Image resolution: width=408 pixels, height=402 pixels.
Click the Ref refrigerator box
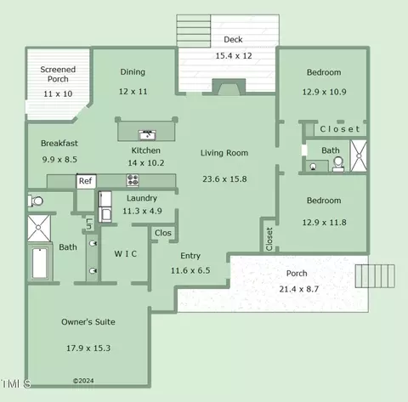[86, 181]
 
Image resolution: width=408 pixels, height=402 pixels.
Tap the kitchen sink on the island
[147, 135]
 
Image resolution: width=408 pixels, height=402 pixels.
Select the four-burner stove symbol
[133, 180]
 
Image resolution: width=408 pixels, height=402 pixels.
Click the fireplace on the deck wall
[229, 87]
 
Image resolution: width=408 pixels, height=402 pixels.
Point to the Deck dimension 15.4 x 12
[234, 56]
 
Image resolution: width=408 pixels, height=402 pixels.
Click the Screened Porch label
[58, 74]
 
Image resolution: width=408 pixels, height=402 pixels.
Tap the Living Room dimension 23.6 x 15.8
[224, 179]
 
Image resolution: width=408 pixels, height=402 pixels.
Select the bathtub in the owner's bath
[40, 263]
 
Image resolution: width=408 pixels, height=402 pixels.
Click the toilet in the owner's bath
[36, 201]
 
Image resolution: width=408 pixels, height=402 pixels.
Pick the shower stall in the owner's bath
[39, 228]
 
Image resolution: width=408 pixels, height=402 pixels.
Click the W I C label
[126, 253]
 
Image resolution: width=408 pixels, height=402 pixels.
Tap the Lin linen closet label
[89, 224]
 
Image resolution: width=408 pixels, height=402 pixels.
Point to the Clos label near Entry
[163, 233]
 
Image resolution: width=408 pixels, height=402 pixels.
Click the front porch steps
[375, 276]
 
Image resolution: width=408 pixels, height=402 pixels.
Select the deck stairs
[194, 31]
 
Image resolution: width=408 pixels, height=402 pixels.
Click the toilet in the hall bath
[338, 164]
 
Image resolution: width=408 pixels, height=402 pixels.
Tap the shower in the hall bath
[359, 156]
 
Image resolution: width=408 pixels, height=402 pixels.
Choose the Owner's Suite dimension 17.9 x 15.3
[88, 348]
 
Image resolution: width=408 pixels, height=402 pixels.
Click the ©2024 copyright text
[83, 381]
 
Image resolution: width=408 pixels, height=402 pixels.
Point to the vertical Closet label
[269, 239]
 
